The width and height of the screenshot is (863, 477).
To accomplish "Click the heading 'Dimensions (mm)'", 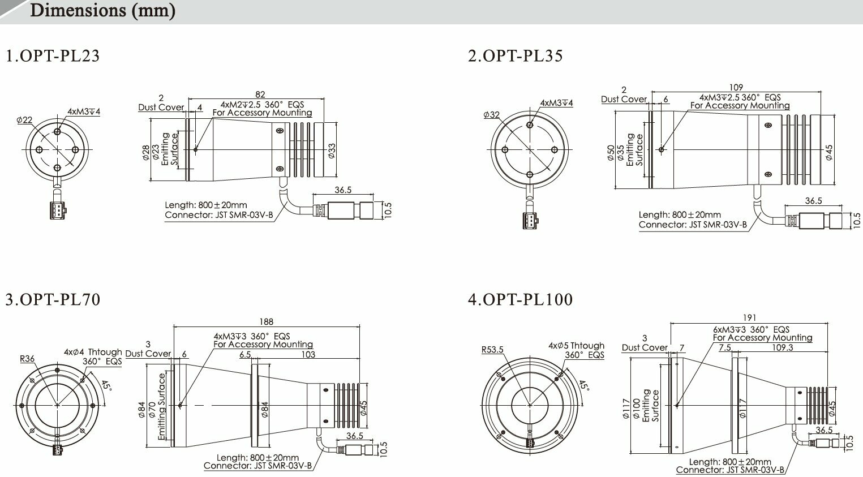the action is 102,10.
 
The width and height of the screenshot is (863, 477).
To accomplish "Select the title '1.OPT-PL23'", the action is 53,56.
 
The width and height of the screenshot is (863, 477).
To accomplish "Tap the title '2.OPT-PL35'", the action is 515,56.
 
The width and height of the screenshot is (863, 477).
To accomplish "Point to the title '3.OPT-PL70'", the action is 53,300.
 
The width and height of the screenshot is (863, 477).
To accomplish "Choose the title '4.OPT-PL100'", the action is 521,300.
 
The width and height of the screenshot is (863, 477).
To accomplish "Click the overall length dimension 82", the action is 260,94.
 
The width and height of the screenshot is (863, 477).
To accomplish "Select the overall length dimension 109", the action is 736,88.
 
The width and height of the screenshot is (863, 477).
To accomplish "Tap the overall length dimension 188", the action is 266,322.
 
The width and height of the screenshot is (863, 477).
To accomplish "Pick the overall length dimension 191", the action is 749,318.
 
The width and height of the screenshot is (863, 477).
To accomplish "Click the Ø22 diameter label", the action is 24,120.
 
